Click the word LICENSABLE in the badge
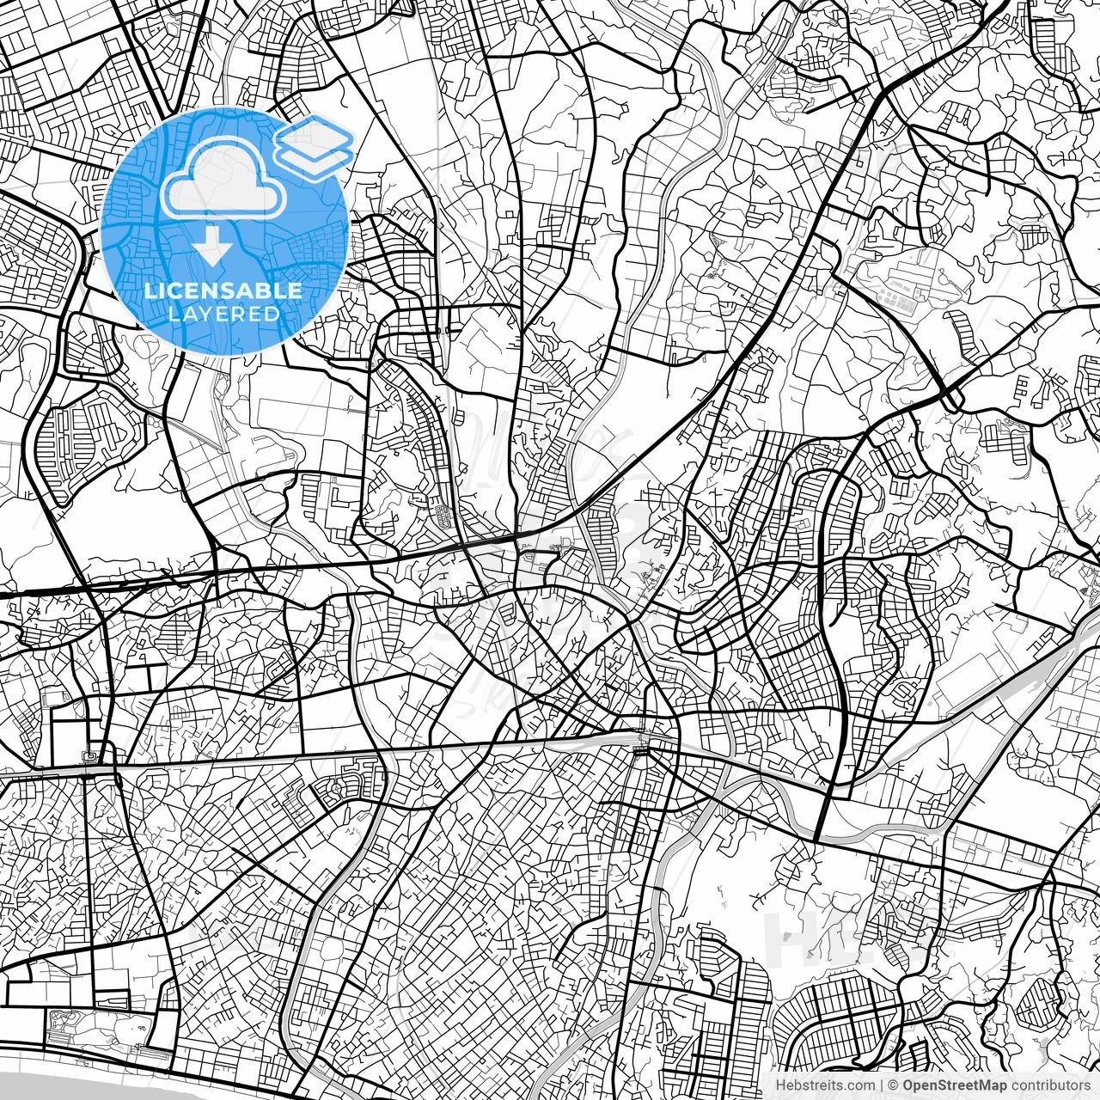[x=223, y=290]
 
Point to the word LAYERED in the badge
[x=223, y=314]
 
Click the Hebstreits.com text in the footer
[x=824, y=1085]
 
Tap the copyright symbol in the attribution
[x=893, y=1085]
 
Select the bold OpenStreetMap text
[x=955, y=1085]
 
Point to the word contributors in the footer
[x=1050, y=1085]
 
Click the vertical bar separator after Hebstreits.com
[x=880, y=1085]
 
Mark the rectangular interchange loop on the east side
[x=950, y=397]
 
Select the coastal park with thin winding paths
[x=95, y=1027]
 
